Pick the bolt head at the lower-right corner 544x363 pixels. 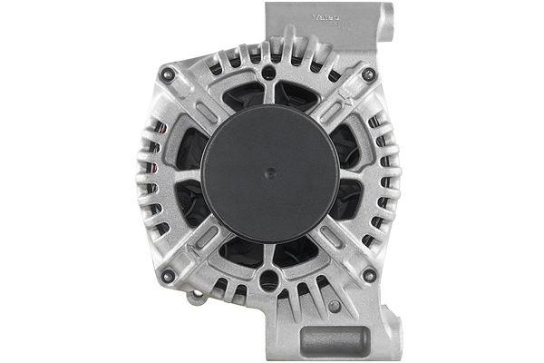pyautogui.click(x=368, y=275)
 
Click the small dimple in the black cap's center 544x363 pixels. pyautogui.click(x=269, y=169)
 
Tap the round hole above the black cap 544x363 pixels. pyautogui.click(x=269, y=71)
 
